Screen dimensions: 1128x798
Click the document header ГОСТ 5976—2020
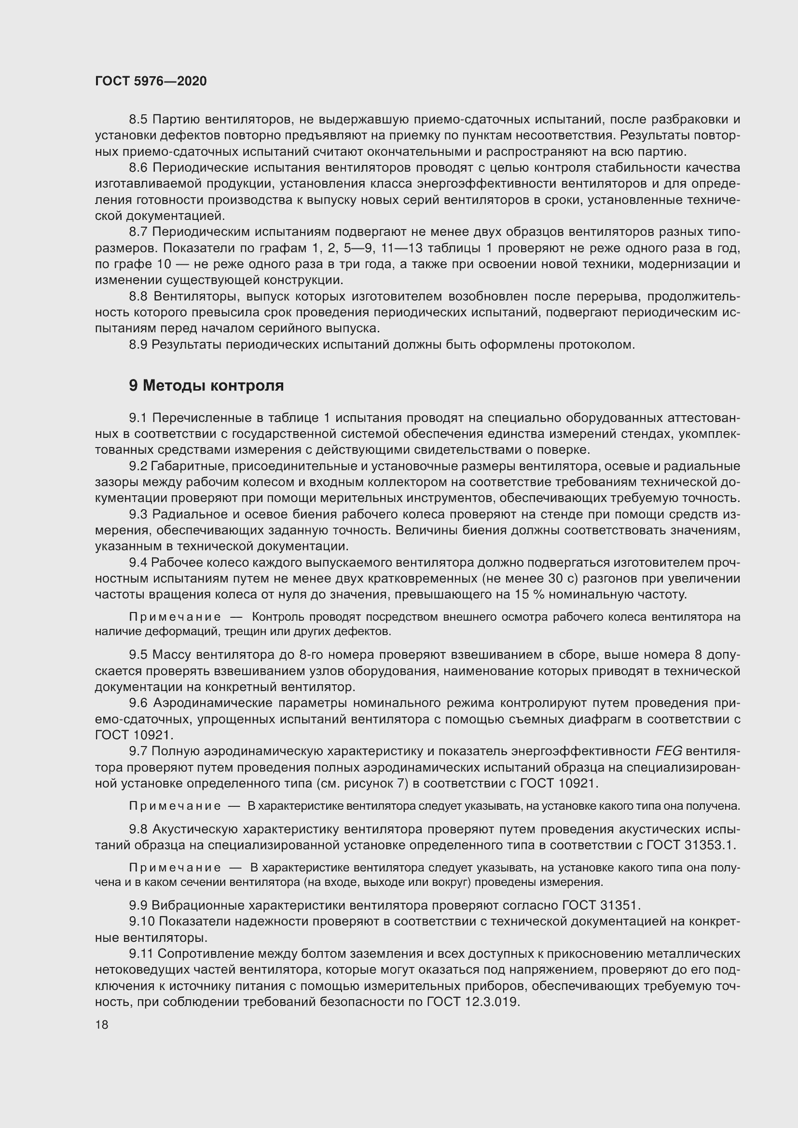[151, 81]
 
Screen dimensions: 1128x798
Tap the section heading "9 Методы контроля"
[206, 386]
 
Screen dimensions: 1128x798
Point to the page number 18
[102, 1025]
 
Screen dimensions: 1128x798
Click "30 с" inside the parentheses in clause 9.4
[554, 578]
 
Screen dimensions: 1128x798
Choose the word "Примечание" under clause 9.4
[175, 617]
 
